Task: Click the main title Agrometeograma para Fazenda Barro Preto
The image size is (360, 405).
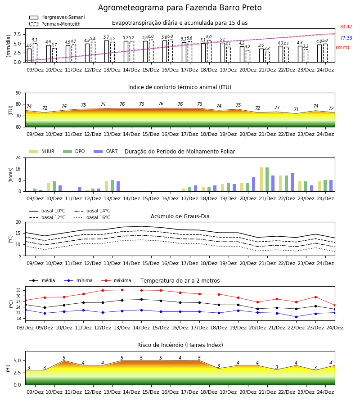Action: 180,8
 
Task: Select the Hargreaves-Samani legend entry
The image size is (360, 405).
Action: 57,17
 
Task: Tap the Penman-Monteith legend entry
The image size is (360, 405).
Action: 55,24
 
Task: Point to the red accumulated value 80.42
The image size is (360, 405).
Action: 346,27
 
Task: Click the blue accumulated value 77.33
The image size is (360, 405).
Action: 346,38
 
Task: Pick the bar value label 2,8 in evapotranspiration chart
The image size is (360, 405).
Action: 267,48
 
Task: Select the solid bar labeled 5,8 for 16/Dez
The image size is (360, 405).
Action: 165,51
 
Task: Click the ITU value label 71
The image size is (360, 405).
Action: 296,109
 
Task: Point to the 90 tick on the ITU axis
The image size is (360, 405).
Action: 18,93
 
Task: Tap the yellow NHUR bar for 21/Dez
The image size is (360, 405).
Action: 261,180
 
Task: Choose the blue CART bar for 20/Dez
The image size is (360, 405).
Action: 254,184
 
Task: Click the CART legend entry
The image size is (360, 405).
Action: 106,151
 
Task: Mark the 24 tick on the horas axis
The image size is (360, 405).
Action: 18,157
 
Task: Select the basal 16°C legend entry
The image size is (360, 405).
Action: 92,217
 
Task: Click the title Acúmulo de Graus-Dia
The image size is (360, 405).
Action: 180,216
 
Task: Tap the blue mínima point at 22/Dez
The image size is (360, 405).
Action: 296,317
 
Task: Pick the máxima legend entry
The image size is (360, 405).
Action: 116,280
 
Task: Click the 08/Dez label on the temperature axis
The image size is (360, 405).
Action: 25,328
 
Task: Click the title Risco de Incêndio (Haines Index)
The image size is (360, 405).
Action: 180,345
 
